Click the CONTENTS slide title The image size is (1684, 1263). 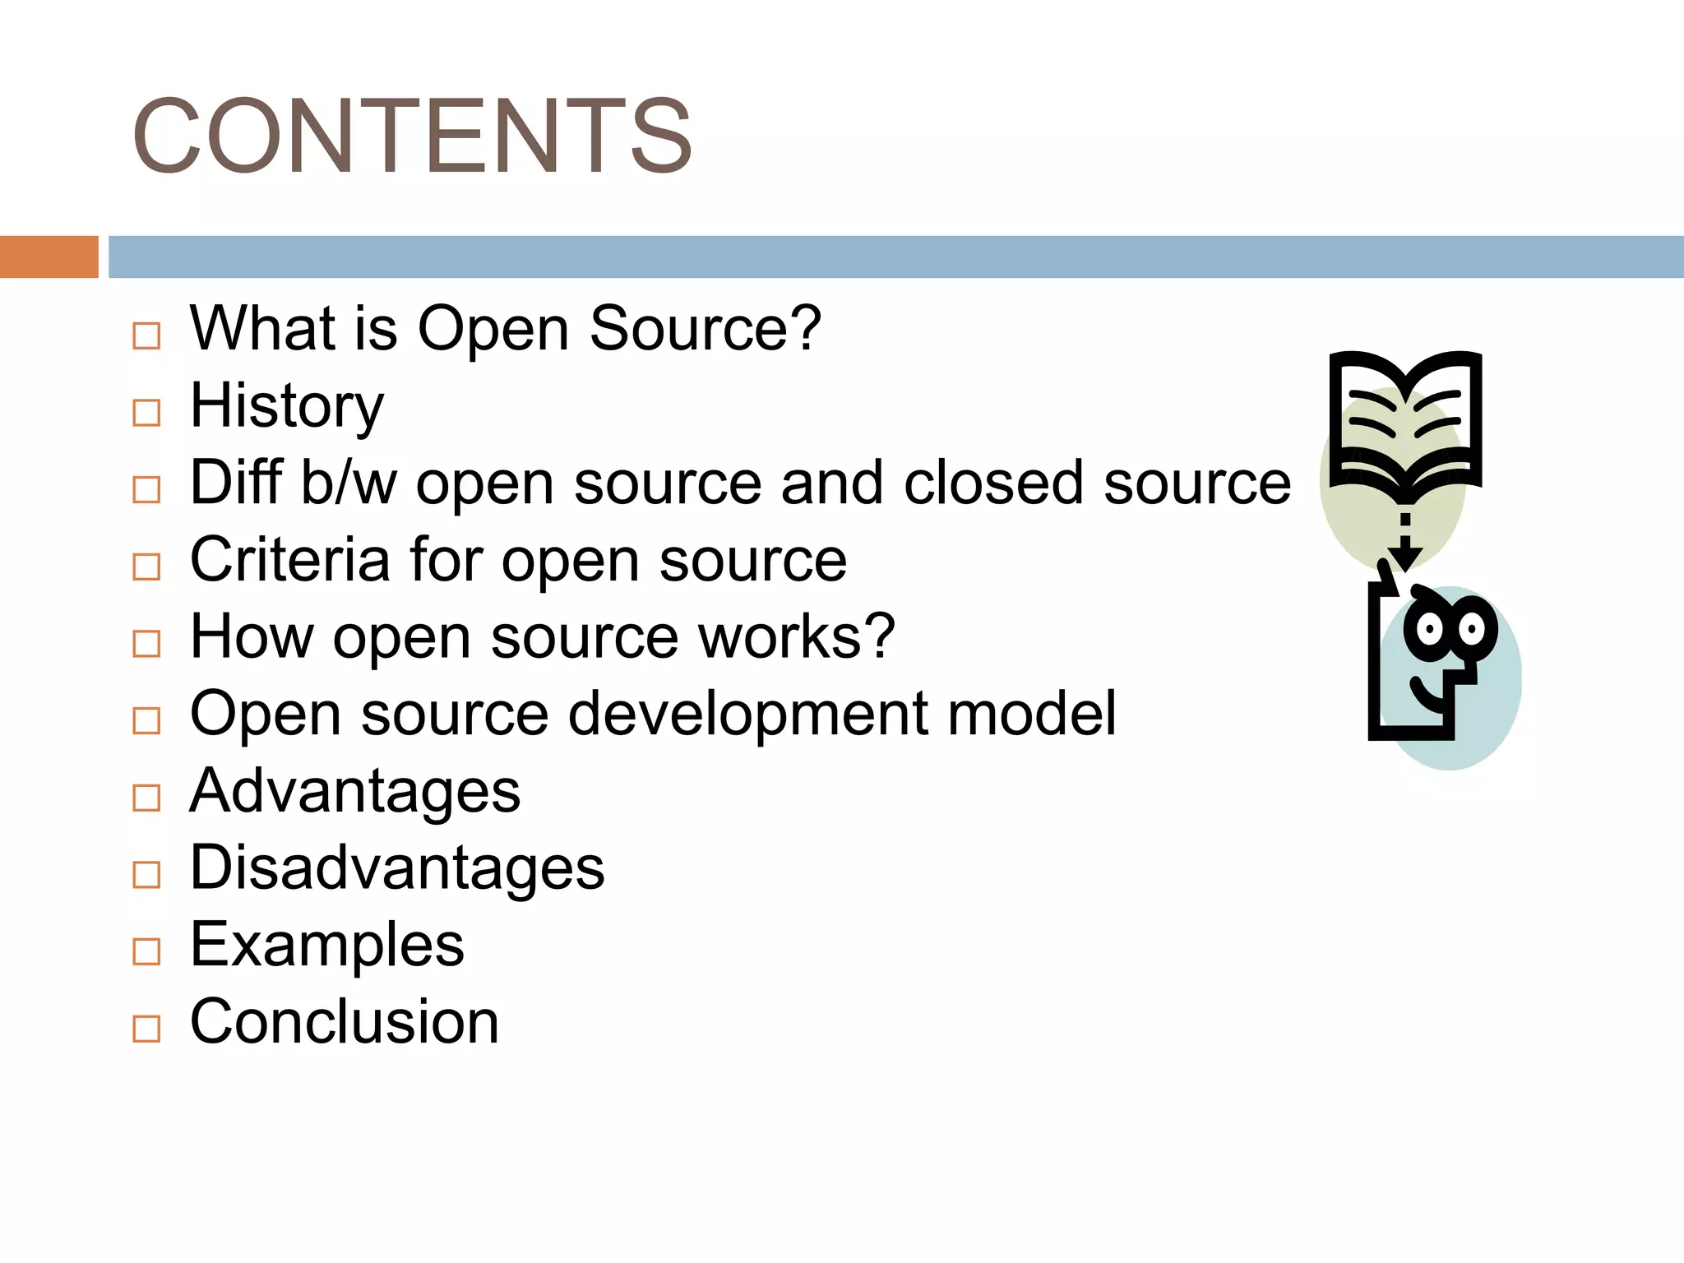pos(412,136)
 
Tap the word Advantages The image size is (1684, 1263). pos(355,791)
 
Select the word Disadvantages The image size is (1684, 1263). pos(397,867)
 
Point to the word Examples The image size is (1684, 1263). pos(327,945)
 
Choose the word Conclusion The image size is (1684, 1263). pos(345,1022)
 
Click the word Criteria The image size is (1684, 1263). pos(290,560)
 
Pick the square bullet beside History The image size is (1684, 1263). pos(146,413)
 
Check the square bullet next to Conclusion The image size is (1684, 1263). pos(146,1029)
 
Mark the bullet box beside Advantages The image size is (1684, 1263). pos(146,798)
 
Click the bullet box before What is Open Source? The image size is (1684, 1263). pos(146,335)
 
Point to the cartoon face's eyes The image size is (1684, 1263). pos(1450,630)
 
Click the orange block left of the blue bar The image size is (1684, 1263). pos(49,257)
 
